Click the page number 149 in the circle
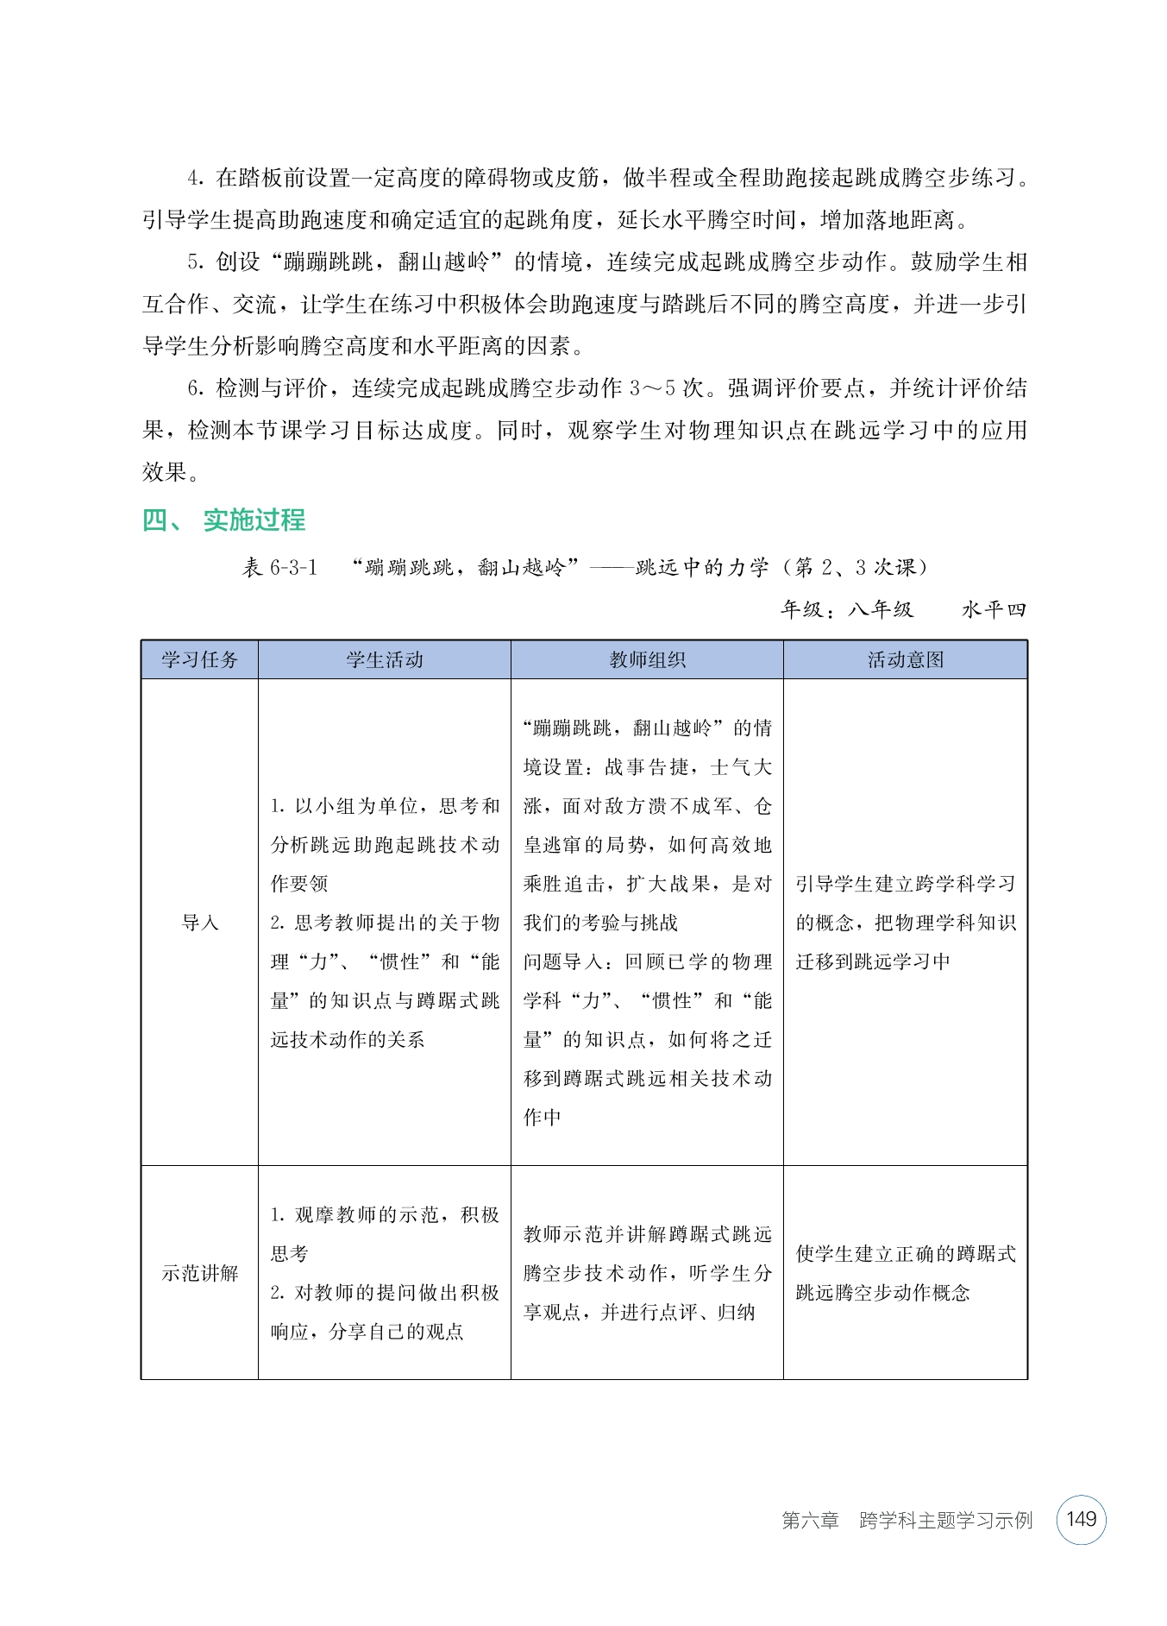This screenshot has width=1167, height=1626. point(1081,1519)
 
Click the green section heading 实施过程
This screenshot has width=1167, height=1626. point(254,520)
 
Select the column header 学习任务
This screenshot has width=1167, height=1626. point(199,660)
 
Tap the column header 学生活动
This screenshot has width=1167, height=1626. point(385,660)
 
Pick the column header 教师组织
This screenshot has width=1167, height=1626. point(647,660)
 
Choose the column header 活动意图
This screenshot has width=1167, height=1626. point(906,660)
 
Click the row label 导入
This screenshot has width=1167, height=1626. point(199,923)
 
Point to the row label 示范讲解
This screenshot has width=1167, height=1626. point(199,1273)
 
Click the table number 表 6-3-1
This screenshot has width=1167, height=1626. point(279,567)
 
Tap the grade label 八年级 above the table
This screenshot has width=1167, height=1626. point(881,609)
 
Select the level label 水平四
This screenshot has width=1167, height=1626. point(994,609)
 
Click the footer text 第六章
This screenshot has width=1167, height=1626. point(810,1520)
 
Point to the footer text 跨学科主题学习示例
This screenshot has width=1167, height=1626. point(945,1520)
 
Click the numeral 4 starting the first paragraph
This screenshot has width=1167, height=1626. point(194,179)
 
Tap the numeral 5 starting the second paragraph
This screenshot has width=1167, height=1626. point(194,262)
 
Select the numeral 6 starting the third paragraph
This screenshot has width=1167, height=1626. point(194,388)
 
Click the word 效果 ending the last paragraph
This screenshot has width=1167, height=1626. point(164,472)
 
